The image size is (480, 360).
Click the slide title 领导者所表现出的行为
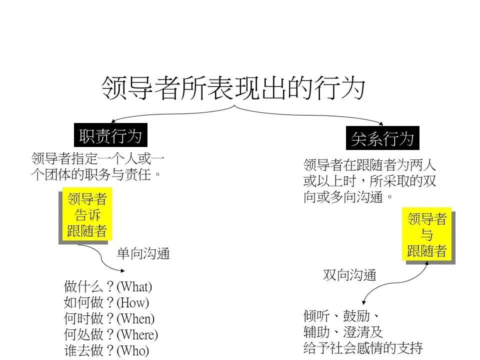(x=233, y=87)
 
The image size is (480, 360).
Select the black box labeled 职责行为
(x=110, y=135)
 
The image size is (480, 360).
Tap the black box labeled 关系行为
(x=382, y=138)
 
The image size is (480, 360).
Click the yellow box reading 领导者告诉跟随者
(x=87, y=215)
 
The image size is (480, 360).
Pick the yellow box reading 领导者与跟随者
(x=426, y=234)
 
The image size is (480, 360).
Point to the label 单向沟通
(x=143, y=254)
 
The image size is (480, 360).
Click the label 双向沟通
(x=349, y=275)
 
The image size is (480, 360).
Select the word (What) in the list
(x=134, y=287)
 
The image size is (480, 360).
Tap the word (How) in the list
(x=132, y=302)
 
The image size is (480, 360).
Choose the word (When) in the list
(x=135, y=318)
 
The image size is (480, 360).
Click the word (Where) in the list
(x=137, y=334)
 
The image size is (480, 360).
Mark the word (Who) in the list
(x=132, y=350)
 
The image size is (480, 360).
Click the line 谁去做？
(x=89, y=350)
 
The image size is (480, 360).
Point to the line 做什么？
(x=89, y=287)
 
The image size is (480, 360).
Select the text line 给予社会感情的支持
(x=363, y=347)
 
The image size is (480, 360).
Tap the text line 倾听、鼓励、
(x=341, y=316)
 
